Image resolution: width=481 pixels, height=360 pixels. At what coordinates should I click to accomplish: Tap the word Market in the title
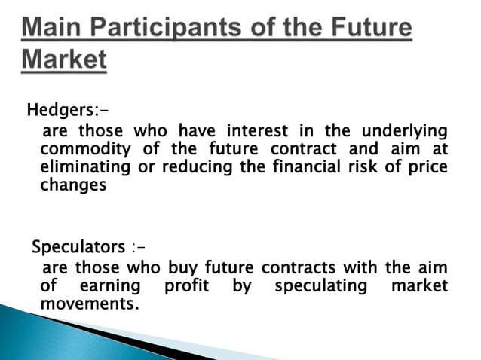64,61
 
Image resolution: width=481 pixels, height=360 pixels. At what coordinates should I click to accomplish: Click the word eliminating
80,166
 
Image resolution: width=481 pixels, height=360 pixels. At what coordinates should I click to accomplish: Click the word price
426,166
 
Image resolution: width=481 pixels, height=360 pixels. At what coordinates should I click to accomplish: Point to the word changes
73,185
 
